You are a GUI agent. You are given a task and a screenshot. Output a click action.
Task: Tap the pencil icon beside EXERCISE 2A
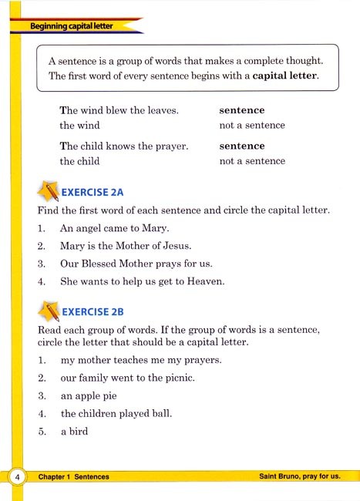pos(47,190)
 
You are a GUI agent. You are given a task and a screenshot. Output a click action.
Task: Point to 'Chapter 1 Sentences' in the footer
pos(73,477)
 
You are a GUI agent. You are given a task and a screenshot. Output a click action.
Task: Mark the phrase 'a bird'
pos(75,432)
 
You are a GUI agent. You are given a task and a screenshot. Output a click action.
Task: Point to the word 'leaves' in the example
pos(161,110)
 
